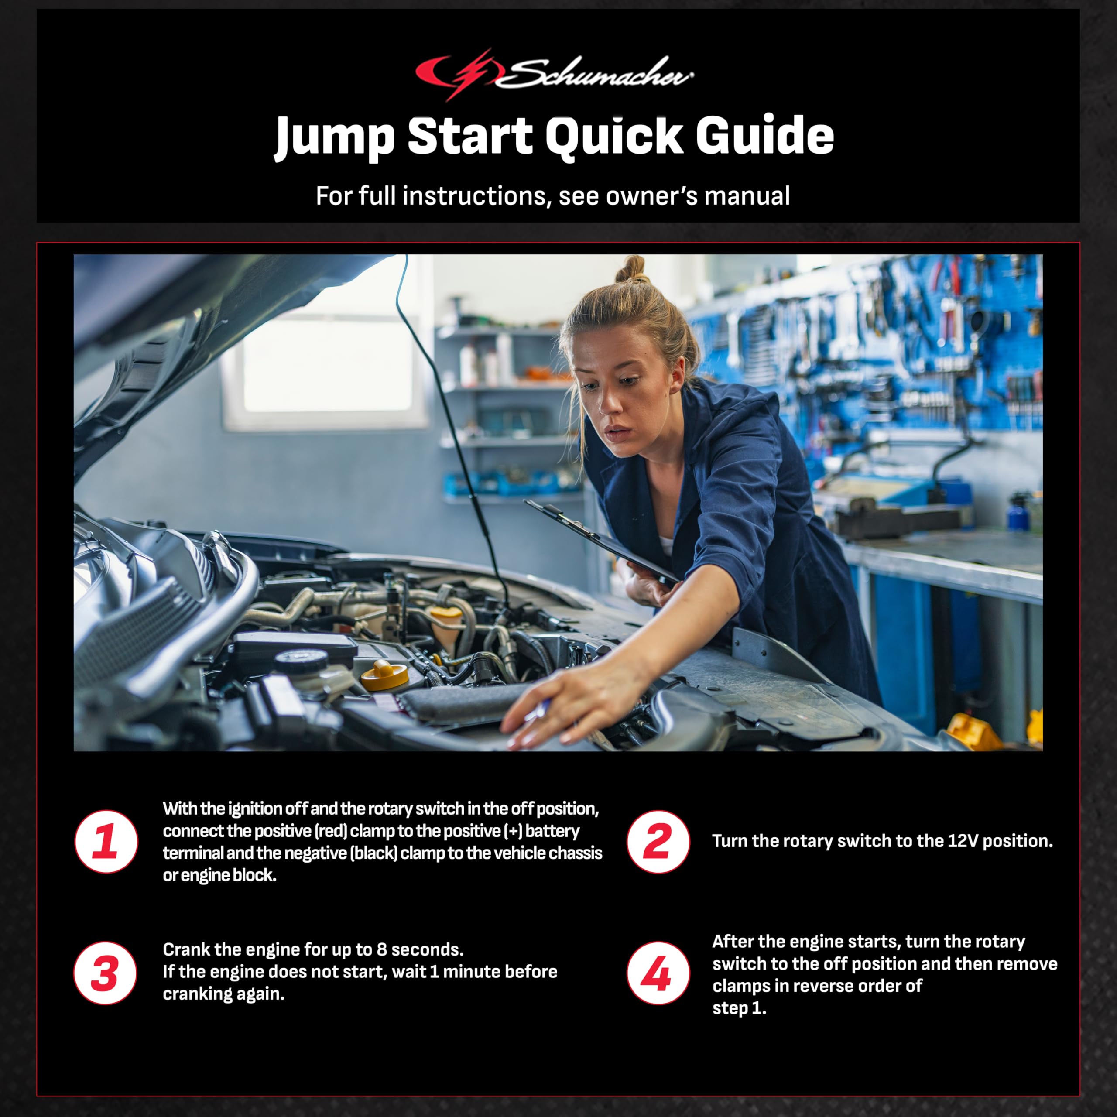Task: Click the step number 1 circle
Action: tap(106, 842)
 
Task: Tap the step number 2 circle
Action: tap(658, 842)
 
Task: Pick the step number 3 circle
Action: tap(106, 973)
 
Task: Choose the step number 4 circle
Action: tap(658, 973)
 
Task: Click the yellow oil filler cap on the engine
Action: tap(384, 674)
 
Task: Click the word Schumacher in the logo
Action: tap(596, 74)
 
